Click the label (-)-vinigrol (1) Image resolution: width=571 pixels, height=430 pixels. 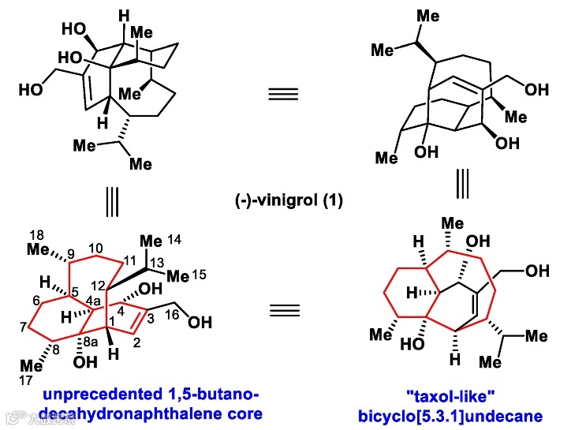[285, 201]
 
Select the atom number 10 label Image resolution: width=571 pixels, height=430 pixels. [95, 247]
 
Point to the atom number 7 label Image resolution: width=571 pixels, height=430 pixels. [23, 327]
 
